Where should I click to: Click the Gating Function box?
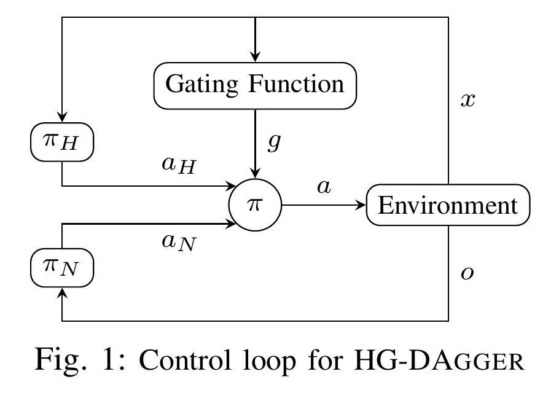click(254, 84)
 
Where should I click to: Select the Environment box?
click(447, 205)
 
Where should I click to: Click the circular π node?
click(254, 205)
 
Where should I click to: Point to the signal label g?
click(274, 142)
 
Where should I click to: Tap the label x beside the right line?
click(468, 100)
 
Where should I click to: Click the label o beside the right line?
click(468, 273)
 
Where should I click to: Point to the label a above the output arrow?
click(324, 187)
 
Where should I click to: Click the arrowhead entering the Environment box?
click(361, 205)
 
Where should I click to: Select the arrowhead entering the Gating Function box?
click(254, 57)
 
